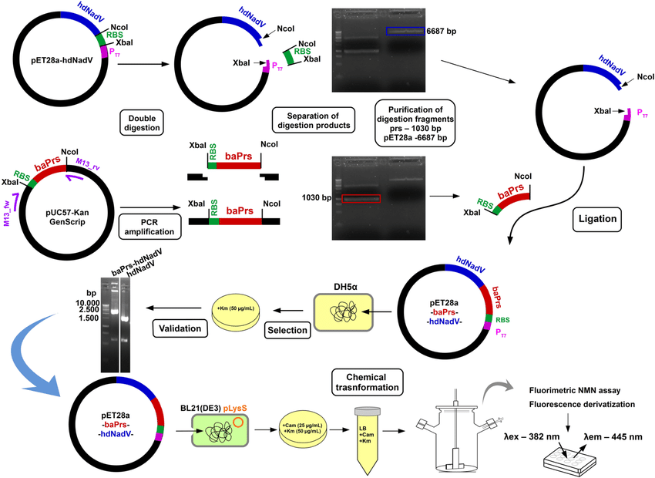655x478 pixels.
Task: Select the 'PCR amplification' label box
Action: click(x=143, y=224)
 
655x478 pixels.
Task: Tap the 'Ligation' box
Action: click(x=596, y=218)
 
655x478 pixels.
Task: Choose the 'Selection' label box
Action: click(x=287, y=328)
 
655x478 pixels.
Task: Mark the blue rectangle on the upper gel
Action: click(x=404, y=31)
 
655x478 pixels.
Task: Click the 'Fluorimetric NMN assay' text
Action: click(x=585, y=391)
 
